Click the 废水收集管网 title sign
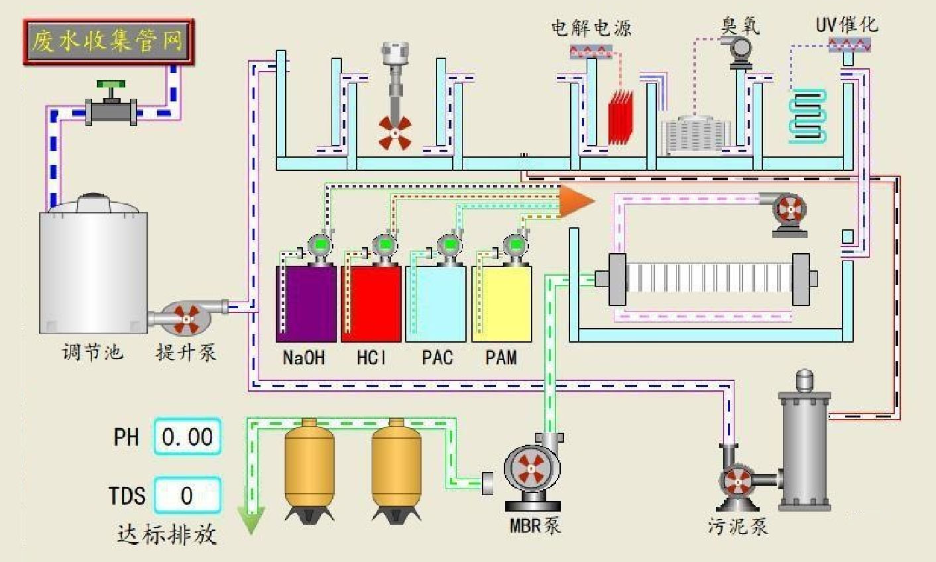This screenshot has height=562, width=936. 109,42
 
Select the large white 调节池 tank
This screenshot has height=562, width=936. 93,265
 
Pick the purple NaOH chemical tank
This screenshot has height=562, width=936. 306,304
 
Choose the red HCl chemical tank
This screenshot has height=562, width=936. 371,304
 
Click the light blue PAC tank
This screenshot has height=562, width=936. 436,304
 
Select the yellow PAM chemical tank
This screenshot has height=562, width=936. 501,304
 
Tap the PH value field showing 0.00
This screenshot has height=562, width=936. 188,437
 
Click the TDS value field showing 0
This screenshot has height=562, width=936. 188,495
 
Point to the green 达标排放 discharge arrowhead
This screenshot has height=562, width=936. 252,521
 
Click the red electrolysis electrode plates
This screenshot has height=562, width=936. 620,117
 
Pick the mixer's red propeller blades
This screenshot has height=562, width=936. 394,133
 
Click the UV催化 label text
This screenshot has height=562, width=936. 847,25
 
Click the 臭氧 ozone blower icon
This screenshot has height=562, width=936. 738,50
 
